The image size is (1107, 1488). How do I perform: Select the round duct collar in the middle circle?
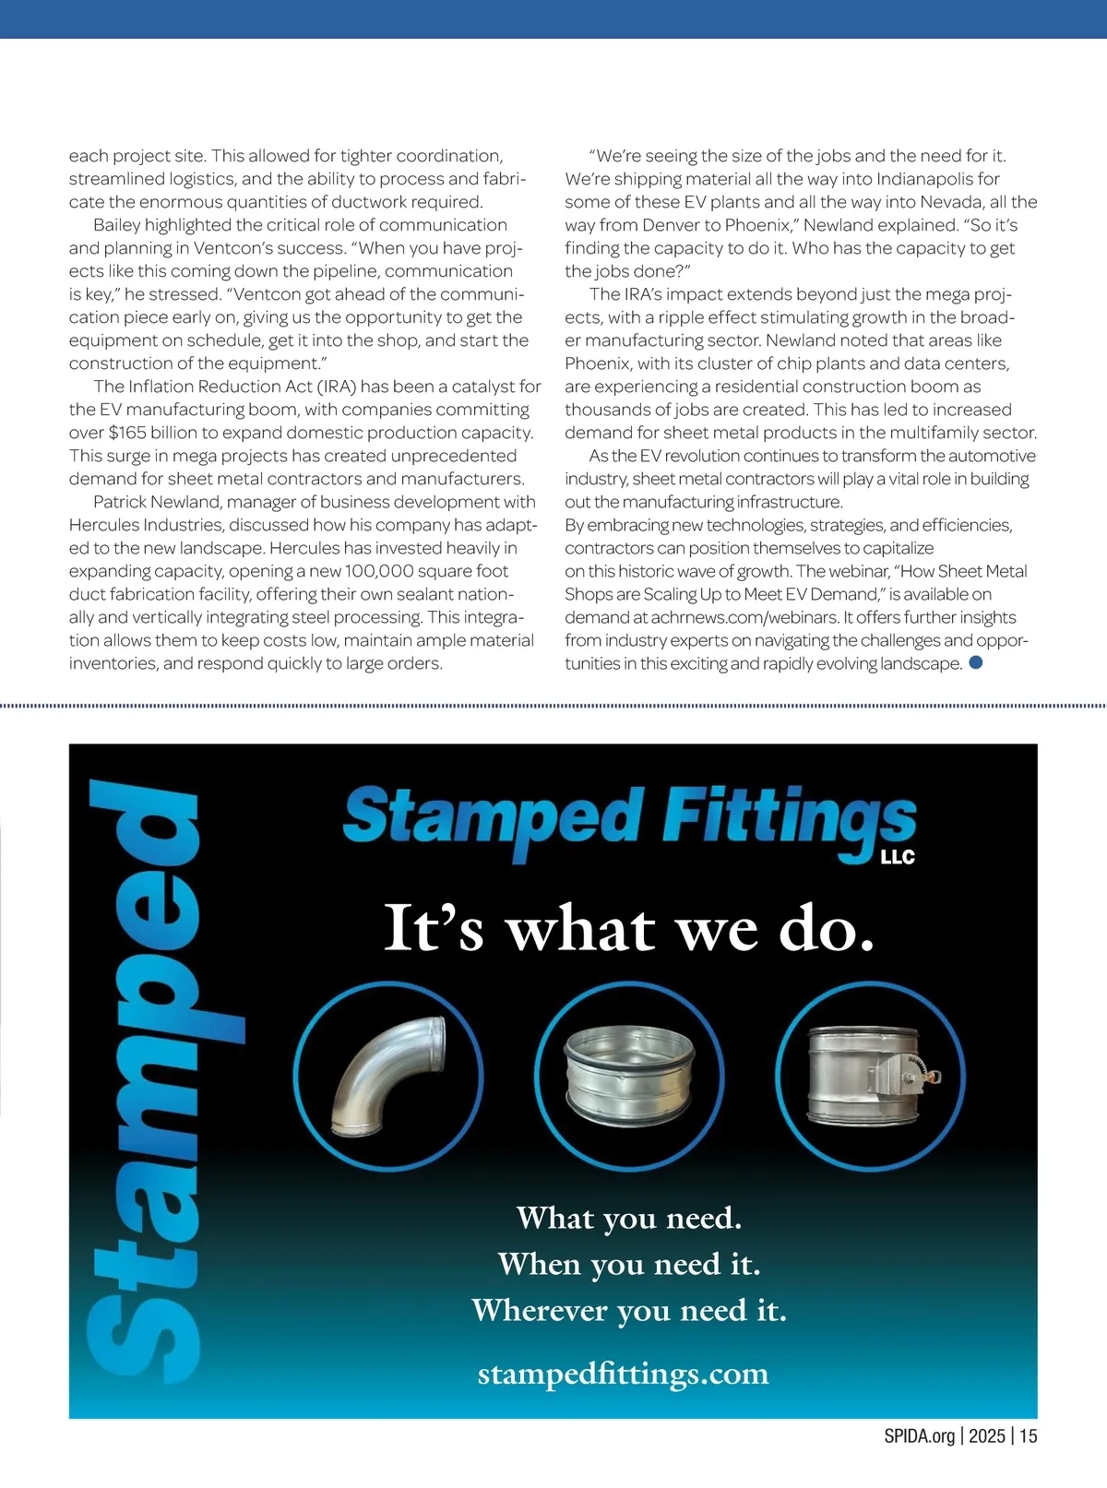(629, 1076)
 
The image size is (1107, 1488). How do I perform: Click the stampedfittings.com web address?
(623, 1374)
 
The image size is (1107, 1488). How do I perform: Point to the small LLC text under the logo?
(898, 857)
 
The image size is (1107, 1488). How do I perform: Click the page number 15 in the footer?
(1029, 1435)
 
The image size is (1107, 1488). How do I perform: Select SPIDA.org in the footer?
(920, 1435)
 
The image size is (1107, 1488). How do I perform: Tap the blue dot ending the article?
(976, 662)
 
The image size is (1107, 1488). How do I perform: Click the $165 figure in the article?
(127, 433)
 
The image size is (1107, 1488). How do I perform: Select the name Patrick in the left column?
(124, 502)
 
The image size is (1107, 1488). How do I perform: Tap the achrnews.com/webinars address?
(744, 617)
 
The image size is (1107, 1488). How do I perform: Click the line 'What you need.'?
(629, 1218)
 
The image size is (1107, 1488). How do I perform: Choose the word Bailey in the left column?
(116, 225)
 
